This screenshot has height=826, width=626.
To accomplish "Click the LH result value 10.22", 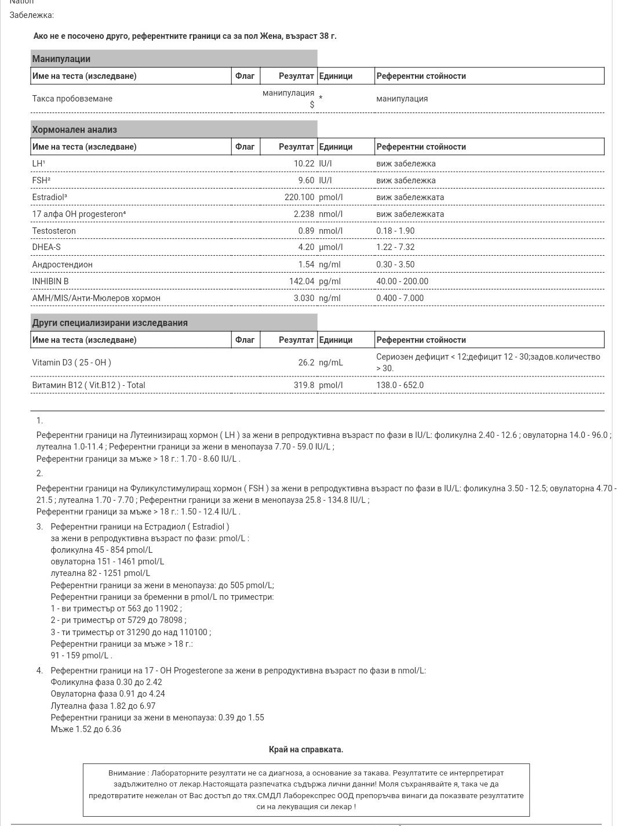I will [x=304, y=164].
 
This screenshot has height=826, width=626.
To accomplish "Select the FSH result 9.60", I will [x=305, y=180].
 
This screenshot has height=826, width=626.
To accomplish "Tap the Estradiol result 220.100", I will [x=296, y=197].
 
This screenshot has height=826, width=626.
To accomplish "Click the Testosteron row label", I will [x=54, y=231].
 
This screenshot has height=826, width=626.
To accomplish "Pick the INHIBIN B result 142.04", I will [x=301, y=281].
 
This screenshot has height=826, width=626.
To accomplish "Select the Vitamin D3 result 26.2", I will [x=306, y=363].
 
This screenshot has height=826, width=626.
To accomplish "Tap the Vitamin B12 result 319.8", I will [x=304, y=385].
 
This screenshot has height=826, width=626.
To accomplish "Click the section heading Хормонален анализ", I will [x=74, y=129].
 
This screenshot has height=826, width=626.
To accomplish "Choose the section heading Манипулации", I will [x=61, y=59].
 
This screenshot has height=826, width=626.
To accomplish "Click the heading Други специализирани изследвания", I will [x=110, y=323].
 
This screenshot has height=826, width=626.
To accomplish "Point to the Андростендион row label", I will [x=62, y=265].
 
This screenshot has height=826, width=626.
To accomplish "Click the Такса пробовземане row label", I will [x=72, y=99].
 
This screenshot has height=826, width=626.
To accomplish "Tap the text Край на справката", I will [x=306, y=749].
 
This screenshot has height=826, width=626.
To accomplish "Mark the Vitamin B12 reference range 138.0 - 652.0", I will [x=400, y=385].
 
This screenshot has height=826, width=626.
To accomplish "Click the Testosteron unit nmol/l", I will [x=330, y=231].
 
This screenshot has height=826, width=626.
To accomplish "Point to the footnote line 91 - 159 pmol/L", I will [x=81, y=655].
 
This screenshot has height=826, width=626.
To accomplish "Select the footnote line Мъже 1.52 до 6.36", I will [x=86, y=729].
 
